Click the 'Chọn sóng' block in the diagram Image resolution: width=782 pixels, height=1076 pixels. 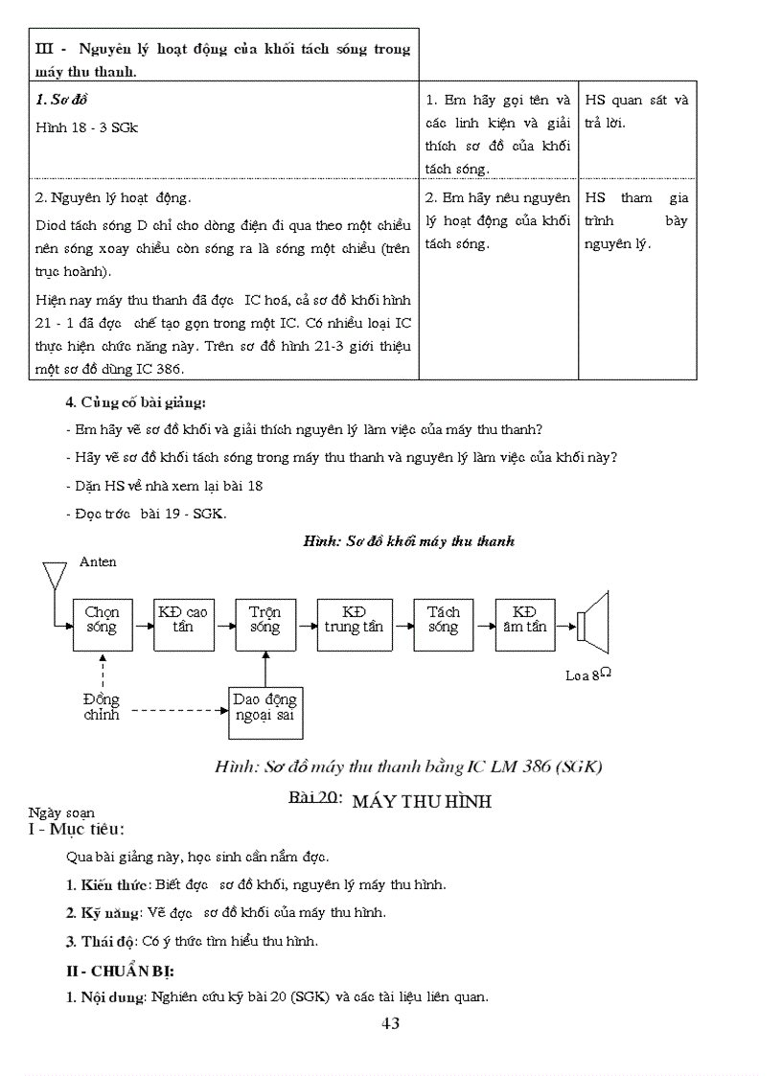(102, 620)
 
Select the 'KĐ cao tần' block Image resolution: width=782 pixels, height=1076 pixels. (183, 620)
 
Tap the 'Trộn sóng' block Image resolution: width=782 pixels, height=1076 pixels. (265, 620)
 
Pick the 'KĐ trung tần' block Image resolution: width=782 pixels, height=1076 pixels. (354, 620)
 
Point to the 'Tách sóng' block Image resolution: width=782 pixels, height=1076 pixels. (444, 620)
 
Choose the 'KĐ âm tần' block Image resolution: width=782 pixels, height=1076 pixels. (525, 620)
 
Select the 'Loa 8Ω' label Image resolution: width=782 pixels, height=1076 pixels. (588, 675)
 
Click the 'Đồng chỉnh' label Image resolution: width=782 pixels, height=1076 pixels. (102, 706)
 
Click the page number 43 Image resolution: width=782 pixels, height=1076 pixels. (390, 1023)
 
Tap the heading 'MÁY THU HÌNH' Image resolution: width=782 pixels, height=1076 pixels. (422, 802)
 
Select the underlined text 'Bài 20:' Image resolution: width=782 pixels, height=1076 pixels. (315, 798)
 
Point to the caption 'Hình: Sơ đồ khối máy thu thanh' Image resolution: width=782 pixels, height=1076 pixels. (409, 541)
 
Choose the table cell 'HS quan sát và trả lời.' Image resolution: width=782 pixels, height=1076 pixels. (636, 111)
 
